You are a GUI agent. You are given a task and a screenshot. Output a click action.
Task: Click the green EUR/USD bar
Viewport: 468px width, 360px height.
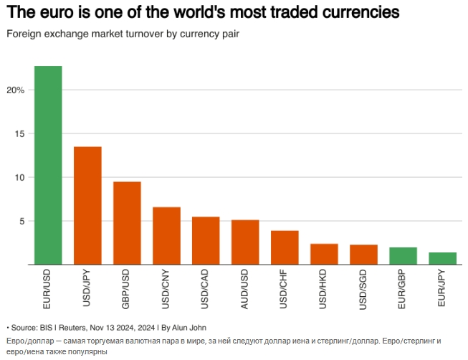[x=48, y=165]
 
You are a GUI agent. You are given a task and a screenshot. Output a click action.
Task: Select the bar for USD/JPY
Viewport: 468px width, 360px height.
[x=87, y=206]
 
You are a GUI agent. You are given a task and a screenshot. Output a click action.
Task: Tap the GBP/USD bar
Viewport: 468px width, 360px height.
[x=127, y=223]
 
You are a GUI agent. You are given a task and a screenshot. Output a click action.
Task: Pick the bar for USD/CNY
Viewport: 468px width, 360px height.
[x=166, y=236]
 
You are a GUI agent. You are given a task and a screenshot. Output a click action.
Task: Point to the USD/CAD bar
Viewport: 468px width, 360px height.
[x=206, y=241]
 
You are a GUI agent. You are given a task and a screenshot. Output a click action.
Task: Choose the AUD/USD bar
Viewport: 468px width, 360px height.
[x=245, y=242]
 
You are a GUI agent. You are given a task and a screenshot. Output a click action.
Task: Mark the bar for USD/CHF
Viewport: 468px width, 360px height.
[x=285, y=247]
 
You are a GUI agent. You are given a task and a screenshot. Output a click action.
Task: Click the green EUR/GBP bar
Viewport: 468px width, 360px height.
[x=403, y=256]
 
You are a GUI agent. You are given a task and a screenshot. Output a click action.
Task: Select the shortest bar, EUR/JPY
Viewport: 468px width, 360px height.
[x=442, y=259]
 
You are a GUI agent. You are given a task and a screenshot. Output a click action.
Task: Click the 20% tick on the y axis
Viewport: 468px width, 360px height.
[x=16, y=90]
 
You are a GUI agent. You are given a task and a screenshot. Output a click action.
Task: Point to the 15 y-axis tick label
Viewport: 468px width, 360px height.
[x=20, y=134]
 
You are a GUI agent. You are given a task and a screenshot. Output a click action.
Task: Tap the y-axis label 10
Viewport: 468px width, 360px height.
[x=20, y=178]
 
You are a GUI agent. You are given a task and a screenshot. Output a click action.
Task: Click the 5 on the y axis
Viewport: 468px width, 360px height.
[x=22, y=222]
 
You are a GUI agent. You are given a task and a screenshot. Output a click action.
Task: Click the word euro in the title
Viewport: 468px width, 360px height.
[x=54, y=14]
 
